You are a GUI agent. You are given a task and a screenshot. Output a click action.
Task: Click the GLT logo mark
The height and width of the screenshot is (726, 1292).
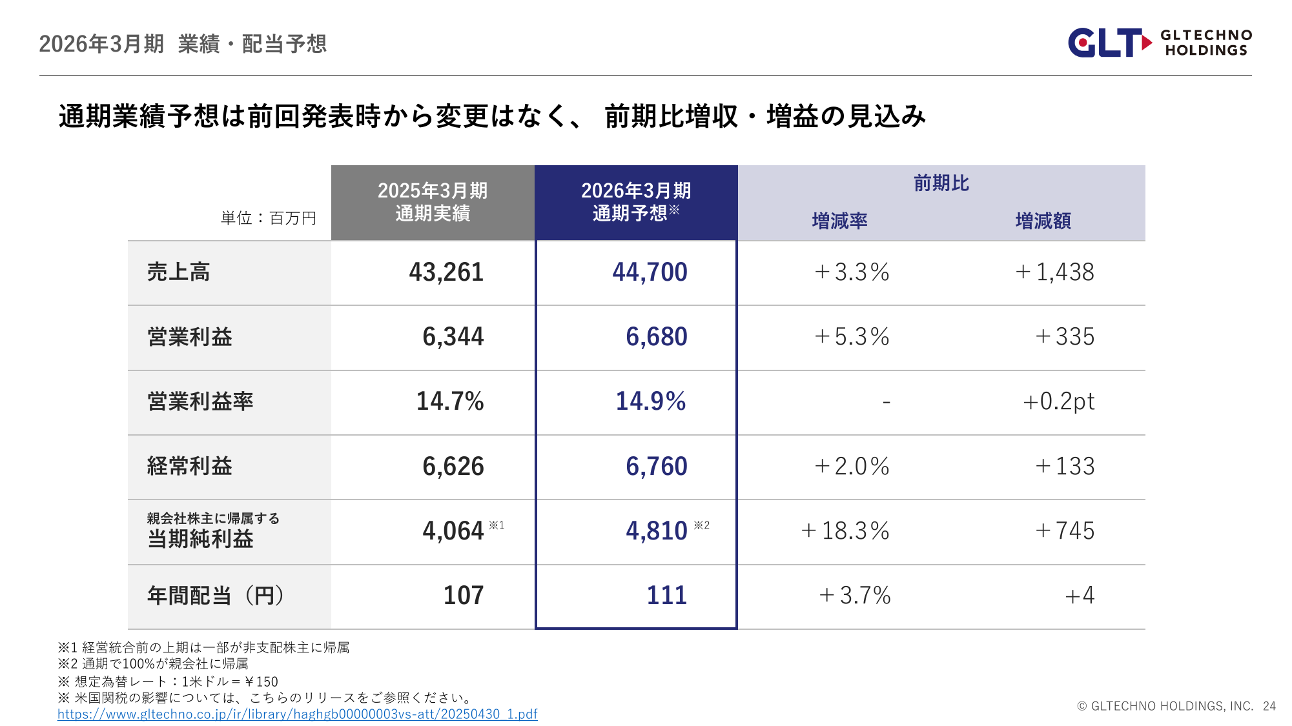1109,43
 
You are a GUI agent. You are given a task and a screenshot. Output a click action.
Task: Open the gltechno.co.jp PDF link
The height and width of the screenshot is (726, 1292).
297,714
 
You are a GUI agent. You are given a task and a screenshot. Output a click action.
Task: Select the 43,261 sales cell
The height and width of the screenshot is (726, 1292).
446,272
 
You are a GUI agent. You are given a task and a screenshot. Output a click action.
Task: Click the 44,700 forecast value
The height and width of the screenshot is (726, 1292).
650,272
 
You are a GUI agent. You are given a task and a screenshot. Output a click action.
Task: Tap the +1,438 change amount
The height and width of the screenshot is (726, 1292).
1054,272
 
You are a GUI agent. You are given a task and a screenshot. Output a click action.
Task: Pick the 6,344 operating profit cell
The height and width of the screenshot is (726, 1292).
453,337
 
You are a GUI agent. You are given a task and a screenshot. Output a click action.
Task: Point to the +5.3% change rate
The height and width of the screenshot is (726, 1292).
852,337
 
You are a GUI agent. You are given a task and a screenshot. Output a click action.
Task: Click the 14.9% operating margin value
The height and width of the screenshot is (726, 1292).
650,401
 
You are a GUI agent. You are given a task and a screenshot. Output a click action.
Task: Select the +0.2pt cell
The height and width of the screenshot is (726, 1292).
1059,401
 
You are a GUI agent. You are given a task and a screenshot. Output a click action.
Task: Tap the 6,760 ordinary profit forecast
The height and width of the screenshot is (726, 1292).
656,467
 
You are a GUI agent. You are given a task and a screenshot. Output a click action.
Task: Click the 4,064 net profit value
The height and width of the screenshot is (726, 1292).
453,531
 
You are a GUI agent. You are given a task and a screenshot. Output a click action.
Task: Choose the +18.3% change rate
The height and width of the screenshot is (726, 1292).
845,531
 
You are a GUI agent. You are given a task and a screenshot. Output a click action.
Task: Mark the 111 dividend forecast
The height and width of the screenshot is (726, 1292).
666,596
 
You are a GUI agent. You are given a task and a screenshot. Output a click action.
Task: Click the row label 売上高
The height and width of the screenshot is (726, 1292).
178,272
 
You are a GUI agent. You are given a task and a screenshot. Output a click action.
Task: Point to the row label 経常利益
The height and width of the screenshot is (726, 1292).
189,467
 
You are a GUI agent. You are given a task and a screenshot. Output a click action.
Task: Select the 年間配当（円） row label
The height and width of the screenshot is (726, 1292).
216,596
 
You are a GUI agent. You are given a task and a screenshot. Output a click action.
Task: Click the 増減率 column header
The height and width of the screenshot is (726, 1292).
839,221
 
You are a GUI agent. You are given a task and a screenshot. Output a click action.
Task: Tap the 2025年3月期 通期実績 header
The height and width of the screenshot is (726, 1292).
433,202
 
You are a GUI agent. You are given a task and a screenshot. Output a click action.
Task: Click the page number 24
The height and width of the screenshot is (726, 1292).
1269,706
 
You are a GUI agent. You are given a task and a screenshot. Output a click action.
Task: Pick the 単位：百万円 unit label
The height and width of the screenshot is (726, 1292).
268,218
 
